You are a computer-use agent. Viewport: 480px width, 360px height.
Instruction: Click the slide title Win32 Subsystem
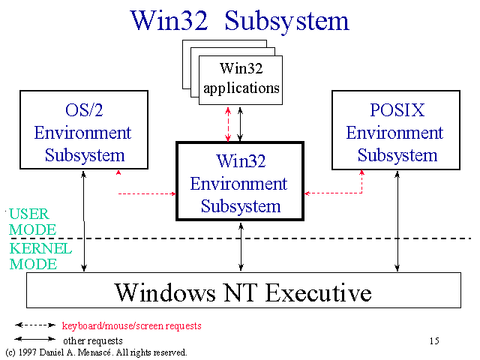coord(240,22)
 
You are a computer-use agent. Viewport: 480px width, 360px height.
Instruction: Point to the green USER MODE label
coord(32,222)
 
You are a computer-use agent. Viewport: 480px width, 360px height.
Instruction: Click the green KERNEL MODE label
coord(40,256)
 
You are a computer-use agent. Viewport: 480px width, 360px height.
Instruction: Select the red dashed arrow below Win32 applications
coord(228,124)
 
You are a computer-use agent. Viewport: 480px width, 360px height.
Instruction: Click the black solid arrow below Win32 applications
coord(240,124)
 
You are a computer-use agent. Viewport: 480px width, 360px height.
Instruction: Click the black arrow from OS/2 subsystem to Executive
coord(83,221)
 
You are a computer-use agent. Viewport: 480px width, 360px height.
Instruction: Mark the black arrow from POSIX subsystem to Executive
coord(397,221)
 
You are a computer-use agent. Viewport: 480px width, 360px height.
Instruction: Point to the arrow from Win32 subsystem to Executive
coord(241,247)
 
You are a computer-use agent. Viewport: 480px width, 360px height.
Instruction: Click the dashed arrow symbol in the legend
coord(35,325)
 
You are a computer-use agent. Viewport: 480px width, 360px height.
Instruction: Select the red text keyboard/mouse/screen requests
coord(132,325)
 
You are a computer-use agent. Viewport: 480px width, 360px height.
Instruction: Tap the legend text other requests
coord(93,340)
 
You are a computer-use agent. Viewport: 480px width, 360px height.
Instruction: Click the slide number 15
coord(434,340)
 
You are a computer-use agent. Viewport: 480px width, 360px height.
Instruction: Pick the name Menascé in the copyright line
coord(94,352)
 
